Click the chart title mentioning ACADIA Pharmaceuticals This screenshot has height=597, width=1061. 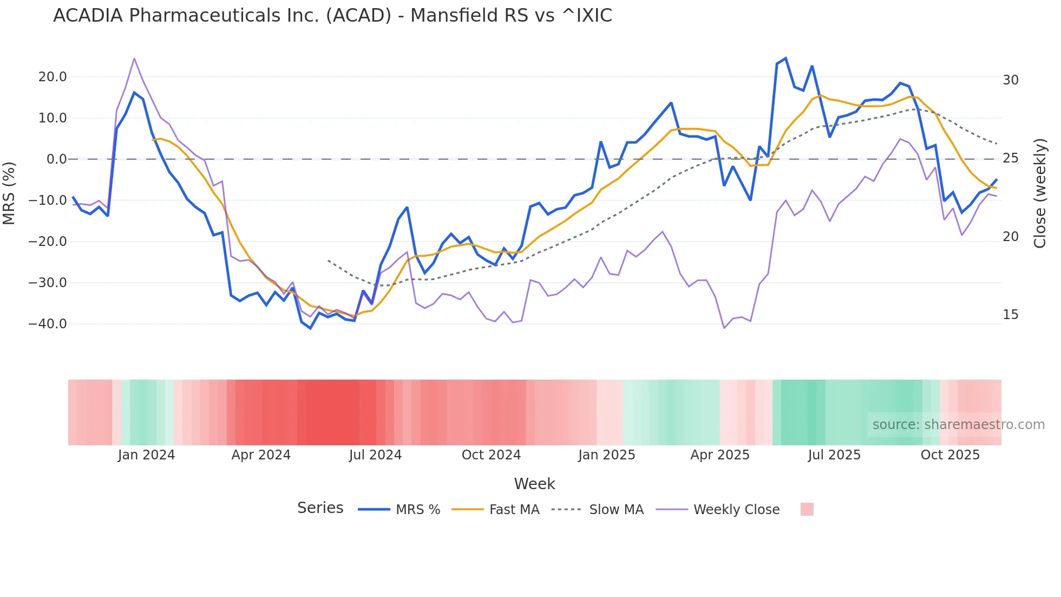coord(332,16)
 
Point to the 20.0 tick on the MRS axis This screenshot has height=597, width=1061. coord(53,77)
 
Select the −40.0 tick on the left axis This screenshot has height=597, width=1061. coord(48,324)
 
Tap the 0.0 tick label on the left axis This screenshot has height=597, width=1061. coord(56,159)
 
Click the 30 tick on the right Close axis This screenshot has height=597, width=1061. coord(1010,80)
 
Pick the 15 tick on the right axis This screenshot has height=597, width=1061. coord(1010,315)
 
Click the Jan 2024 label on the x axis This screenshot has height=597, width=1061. coord(146,455)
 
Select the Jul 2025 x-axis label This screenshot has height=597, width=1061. coord(834,455)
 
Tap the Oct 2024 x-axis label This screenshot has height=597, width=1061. coord(491,455)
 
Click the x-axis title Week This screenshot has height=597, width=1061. coord(534,484)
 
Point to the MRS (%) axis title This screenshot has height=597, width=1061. coord(9,193)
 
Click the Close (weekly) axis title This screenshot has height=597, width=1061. coord(1040,193)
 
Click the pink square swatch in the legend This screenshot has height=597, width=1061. coord(807,509)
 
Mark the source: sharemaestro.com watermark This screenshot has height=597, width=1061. coord(958,425)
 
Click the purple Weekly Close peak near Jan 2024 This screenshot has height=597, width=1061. coord(134,59)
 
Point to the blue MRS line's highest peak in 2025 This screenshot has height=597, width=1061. coord(785,59)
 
